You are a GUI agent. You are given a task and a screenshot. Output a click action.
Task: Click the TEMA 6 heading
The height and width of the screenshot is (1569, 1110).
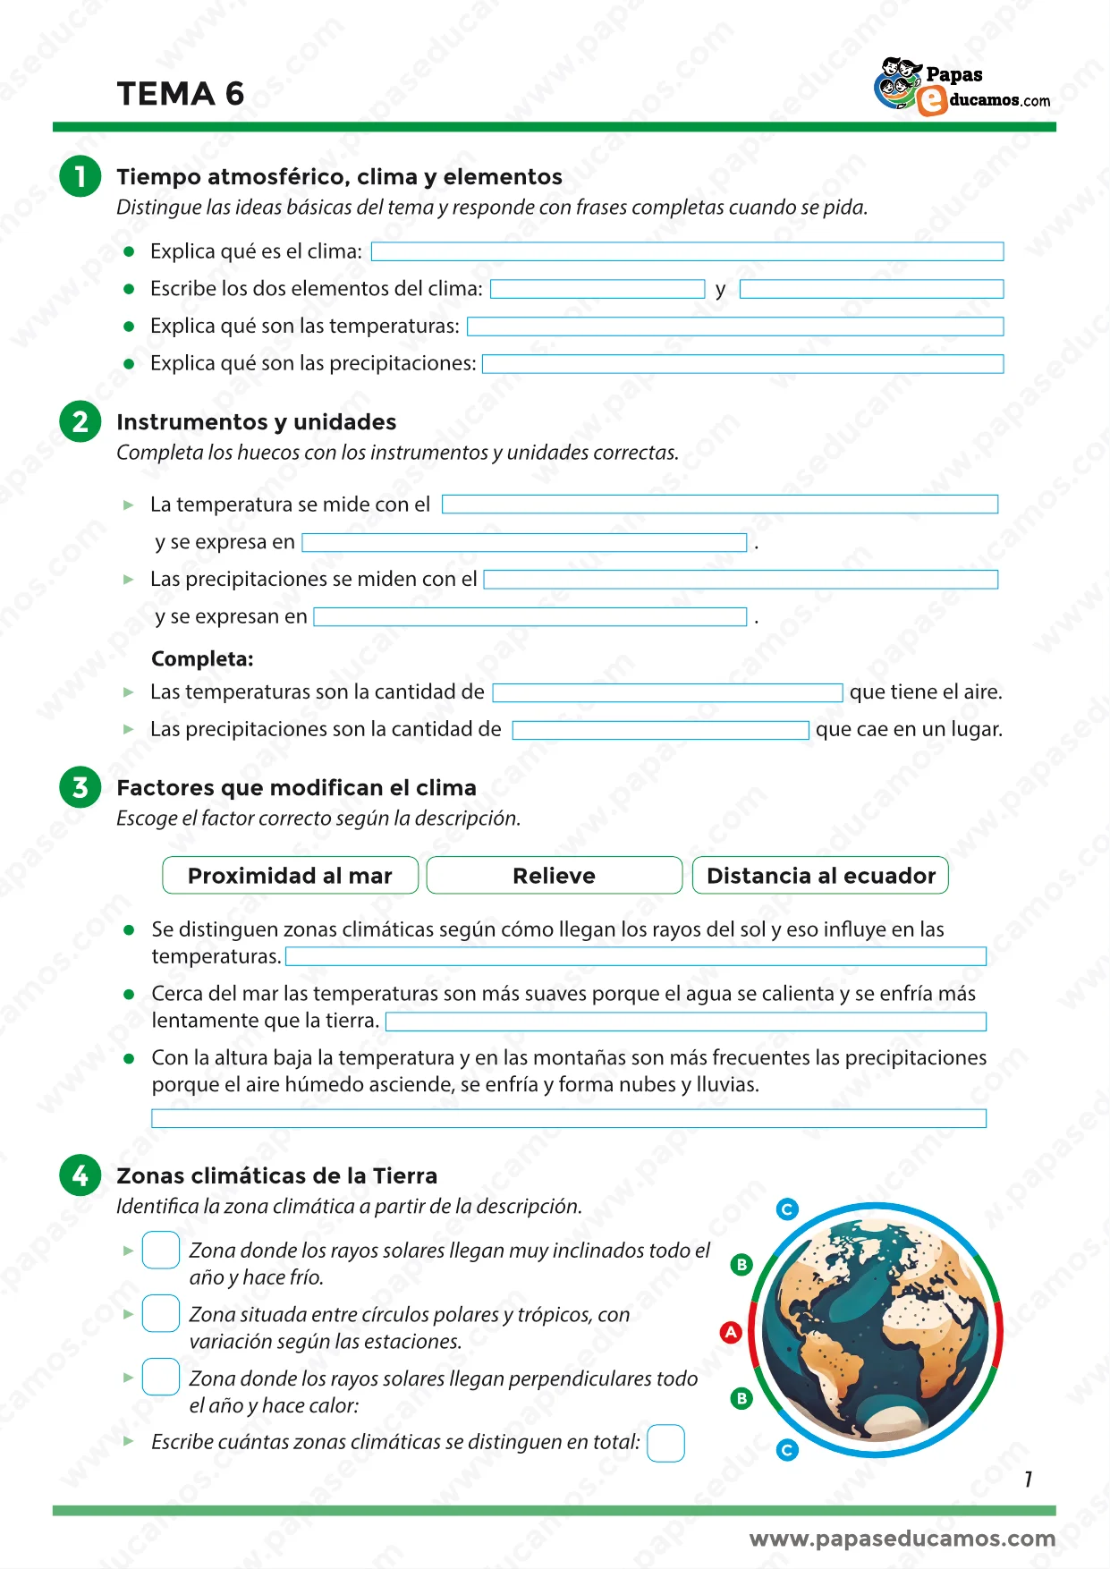click(181, 94)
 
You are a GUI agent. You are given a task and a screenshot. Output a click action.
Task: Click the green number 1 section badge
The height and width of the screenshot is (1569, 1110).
click(80, 176)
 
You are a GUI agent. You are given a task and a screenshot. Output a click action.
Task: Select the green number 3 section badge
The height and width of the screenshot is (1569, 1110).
click(80, 787)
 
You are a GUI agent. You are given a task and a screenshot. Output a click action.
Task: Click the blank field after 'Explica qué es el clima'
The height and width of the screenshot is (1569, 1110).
click(687, 251)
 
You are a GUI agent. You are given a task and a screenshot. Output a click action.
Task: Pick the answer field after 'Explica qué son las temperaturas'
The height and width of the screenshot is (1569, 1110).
click(734, 327)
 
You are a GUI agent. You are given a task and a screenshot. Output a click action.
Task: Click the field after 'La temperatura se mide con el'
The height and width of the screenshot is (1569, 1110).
click(720, 505)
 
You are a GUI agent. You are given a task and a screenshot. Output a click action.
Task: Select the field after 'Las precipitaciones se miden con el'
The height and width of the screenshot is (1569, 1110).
click(741, 580)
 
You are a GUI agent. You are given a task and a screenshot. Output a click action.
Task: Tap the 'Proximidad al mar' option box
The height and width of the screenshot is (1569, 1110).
click(290, 876)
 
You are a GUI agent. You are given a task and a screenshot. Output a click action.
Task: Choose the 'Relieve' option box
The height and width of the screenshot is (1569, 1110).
click(554, 876)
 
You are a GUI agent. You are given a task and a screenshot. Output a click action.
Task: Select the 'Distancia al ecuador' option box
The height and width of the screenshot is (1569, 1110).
click(820, 876)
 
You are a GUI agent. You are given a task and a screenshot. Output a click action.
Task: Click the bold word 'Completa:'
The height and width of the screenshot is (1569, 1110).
click(202, 659)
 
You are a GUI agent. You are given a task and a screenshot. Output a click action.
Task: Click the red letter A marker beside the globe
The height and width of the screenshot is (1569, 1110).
click(731, 1332)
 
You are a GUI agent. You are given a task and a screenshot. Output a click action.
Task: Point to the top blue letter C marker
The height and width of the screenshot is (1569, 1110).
click(787, 1209)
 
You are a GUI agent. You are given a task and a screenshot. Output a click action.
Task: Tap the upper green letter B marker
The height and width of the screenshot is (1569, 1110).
click(741, 1264)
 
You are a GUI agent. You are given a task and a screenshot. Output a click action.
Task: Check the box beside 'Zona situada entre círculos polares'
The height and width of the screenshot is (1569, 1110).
click(161, 1314)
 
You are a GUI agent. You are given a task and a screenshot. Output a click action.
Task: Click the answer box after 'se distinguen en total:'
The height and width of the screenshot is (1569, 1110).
click(665, 1443)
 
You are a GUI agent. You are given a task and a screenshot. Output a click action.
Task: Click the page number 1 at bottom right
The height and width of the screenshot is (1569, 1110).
click(1029, 1480)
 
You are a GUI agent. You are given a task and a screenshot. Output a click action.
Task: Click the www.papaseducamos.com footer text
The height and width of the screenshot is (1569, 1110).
click(902, 1539)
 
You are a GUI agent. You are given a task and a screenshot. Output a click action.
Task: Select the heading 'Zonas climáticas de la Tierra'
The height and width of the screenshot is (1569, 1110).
click(276, 1175)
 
